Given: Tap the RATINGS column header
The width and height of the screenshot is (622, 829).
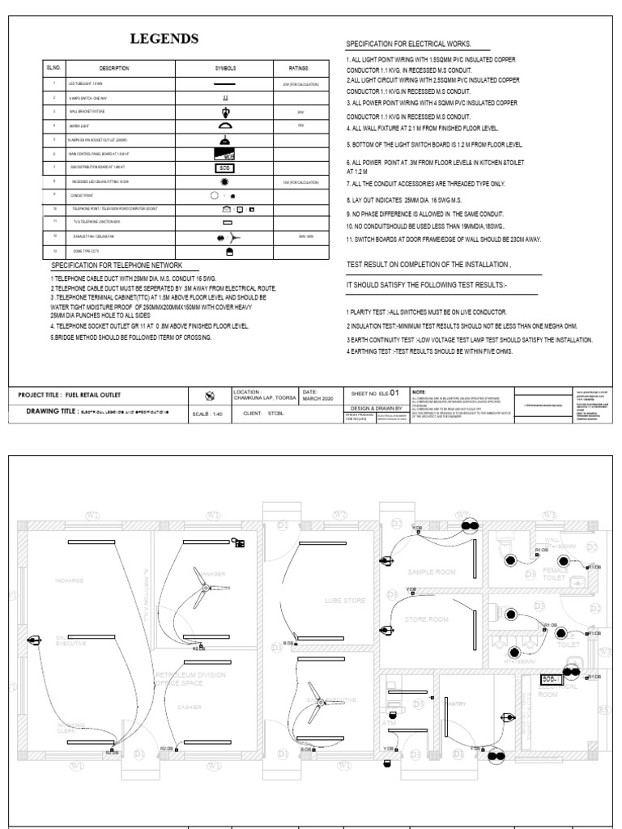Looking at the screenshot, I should point(300,68).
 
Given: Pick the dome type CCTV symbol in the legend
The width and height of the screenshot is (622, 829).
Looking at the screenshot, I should point(228,252).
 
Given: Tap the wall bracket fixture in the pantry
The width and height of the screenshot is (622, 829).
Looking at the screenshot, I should point(508,717).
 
